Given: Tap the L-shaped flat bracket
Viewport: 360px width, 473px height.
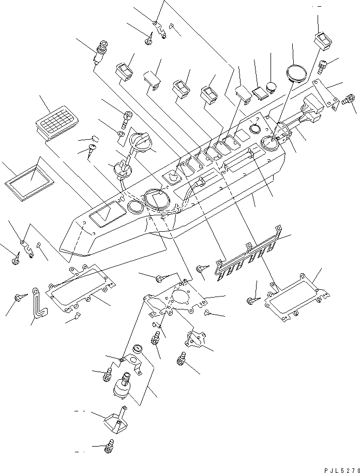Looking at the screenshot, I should click(x=38, y=305).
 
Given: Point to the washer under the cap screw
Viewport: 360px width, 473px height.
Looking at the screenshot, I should click(x=120, y=136).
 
